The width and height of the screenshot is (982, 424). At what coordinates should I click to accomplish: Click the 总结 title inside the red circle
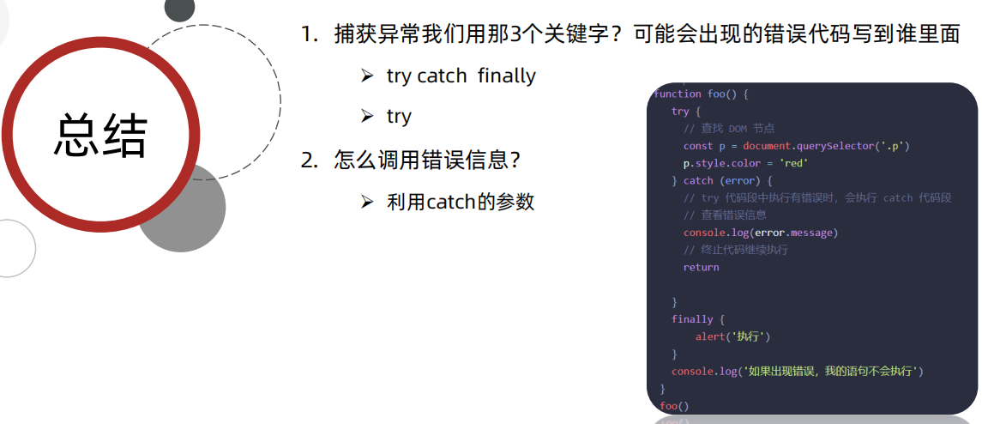[x=102, y=135]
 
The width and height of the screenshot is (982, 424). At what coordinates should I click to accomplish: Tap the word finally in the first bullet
[x=506, y=76]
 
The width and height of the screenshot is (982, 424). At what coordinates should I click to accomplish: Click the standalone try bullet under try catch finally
[x=399, y=117]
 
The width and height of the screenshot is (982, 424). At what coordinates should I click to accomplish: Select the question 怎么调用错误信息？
[x=428, y=160]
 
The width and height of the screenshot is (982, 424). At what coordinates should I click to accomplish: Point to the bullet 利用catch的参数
[x=461, y=202]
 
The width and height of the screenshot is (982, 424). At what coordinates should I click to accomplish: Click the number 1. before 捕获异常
[x=310, y=34]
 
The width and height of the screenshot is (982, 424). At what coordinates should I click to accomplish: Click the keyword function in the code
[x=677, y=94]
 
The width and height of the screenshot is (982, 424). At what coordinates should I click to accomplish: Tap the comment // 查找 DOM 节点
[x=729, y=129]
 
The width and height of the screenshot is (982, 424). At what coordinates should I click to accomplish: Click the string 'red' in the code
[x=793, y=163]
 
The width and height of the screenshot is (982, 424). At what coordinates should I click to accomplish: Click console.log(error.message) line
[x=760, y=233]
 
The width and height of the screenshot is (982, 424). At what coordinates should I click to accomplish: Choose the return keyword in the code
[x=701, y=267]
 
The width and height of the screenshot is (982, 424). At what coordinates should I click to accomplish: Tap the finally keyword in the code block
[x=692, y=319]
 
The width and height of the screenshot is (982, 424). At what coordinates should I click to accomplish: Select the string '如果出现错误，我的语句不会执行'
[x=832, y=371]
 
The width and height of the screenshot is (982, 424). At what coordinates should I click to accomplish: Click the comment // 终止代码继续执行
[x=735, y=250]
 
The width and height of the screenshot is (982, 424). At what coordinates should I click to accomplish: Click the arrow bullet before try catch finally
[x=367, y=76]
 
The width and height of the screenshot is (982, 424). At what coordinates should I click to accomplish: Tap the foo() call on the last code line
[x=674, y=405]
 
